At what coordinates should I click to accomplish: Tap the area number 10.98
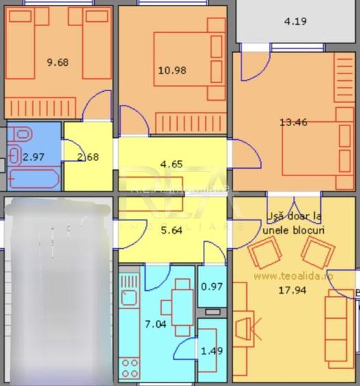(x=172, y=70)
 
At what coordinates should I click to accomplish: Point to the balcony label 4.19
(x=296, y=21)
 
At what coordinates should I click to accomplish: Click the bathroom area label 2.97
(x=33, y=157)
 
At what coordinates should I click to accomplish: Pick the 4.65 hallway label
(x=171, y=164)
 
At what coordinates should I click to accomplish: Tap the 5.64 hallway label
(x=171, y=231)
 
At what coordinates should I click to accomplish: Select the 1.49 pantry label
(x=212, y=351)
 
